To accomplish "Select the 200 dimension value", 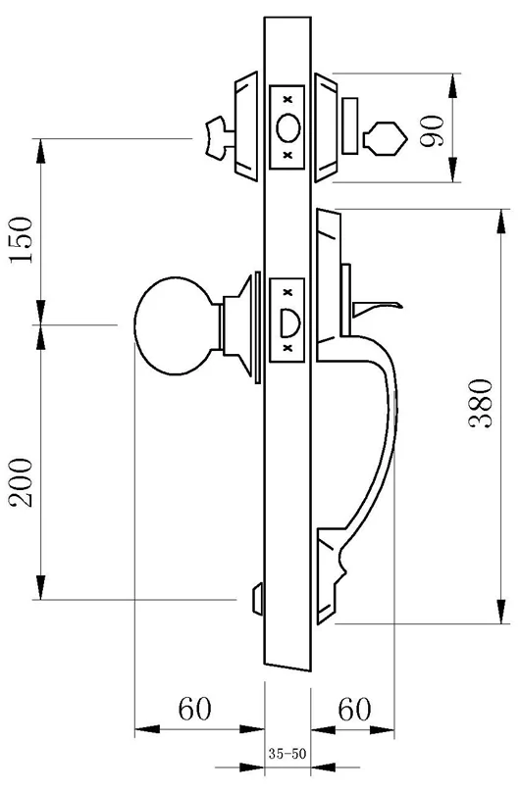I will (22, 482).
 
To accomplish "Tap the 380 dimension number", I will (478, 403).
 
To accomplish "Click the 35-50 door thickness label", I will (286, 756).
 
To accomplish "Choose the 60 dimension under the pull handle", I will (354, 707).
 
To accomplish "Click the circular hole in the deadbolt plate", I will (287, 127).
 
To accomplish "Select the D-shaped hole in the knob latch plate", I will (287, 321).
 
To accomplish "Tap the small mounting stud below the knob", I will (258, 595).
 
